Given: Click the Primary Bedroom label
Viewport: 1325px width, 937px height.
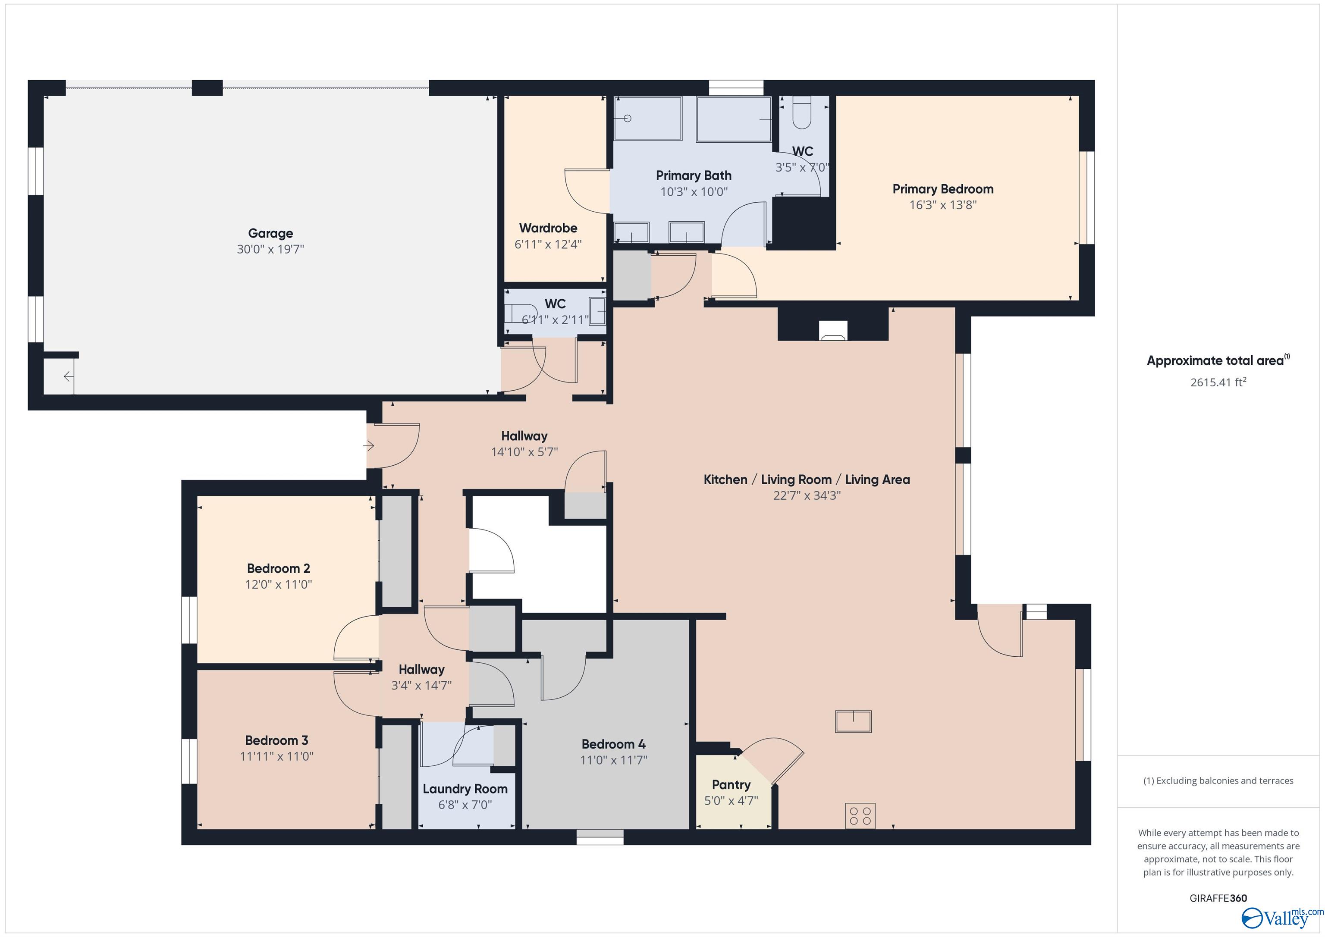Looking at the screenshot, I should pyautogui.click(x=942, y=189).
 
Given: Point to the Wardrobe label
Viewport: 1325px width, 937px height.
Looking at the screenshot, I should pyautogui.click(x=548, y=228).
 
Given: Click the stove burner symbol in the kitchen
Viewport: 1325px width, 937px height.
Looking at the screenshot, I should pyautogui.click(x=860, y=816).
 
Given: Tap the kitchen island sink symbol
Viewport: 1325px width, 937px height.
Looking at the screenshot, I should pyautogui.click(x=853, y=721).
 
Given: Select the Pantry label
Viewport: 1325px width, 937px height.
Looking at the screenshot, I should pyautogui.click(x=731, y=785).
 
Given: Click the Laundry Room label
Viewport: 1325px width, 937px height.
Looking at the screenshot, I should pyautogui.click(x=465, y=789).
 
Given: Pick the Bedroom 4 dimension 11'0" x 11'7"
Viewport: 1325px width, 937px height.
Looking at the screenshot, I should pyautogui.click(x=613, y=760).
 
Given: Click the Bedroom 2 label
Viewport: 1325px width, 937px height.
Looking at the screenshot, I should pyautogui.click(x=278, y=568).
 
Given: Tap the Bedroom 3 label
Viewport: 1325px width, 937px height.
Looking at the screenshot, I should pyautogui.click(x=276, y=740).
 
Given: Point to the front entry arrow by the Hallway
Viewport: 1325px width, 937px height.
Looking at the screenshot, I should pyautogui.click(x=369, y=446).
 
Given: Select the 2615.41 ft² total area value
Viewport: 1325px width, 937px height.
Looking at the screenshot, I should pyautogui.click(x=1218, y=382).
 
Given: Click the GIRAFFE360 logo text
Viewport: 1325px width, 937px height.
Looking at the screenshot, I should pyautogui.click(x=1218, y=898).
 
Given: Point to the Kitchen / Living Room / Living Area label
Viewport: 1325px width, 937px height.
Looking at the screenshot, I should pyautogui.click(x=806, y=479).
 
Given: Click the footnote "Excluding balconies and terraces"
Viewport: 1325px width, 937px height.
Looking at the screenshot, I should pyautogui.click(x=1218, y=780).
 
